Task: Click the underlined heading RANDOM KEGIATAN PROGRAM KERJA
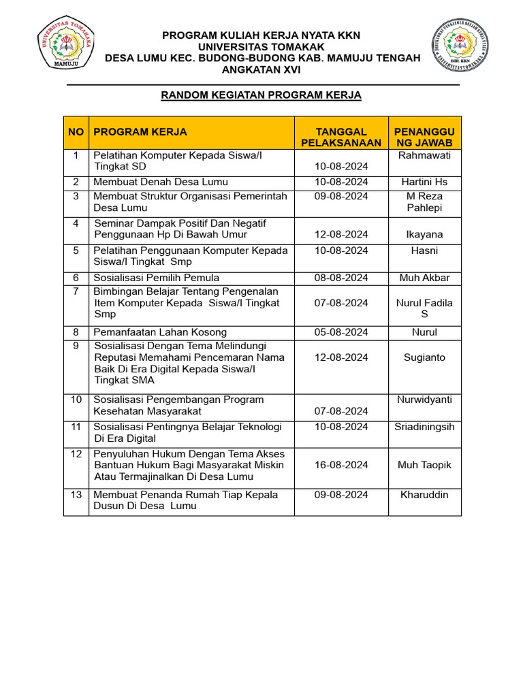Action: click(x=261, y=95)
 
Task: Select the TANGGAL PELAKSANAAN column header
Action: click(x=341, y=137)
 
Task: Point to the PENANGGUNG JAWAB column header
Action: click(x=424, y=137)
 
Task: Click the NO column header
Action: click(x=76, y=132)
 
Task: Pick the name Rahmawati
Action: click(x=424, y=155)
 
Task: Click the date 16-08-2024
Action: click(x=341, y=465)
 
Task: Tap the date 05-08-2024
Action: click(x=341, y=332)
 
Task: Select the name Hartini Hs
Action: click(x=424, y=182)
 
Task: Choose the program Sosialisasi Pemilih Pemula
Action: click(x=157, y=278)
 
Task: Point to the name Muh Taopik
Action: click(x=424, y=465)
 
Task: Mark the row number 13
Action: click(x=76, y=495)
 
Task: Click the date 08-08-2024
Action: click(x=341, y=278)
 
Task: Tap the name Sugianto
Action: click(x=424, y=357)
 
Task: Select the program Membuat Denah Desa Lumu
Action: click(x=161, y=182)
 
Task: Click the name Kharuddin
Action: click(x=424, y=495)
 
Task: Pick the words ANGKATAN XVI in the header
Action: click(x=261, y=70)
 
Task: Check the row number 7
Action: click(x=76, y=291)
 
